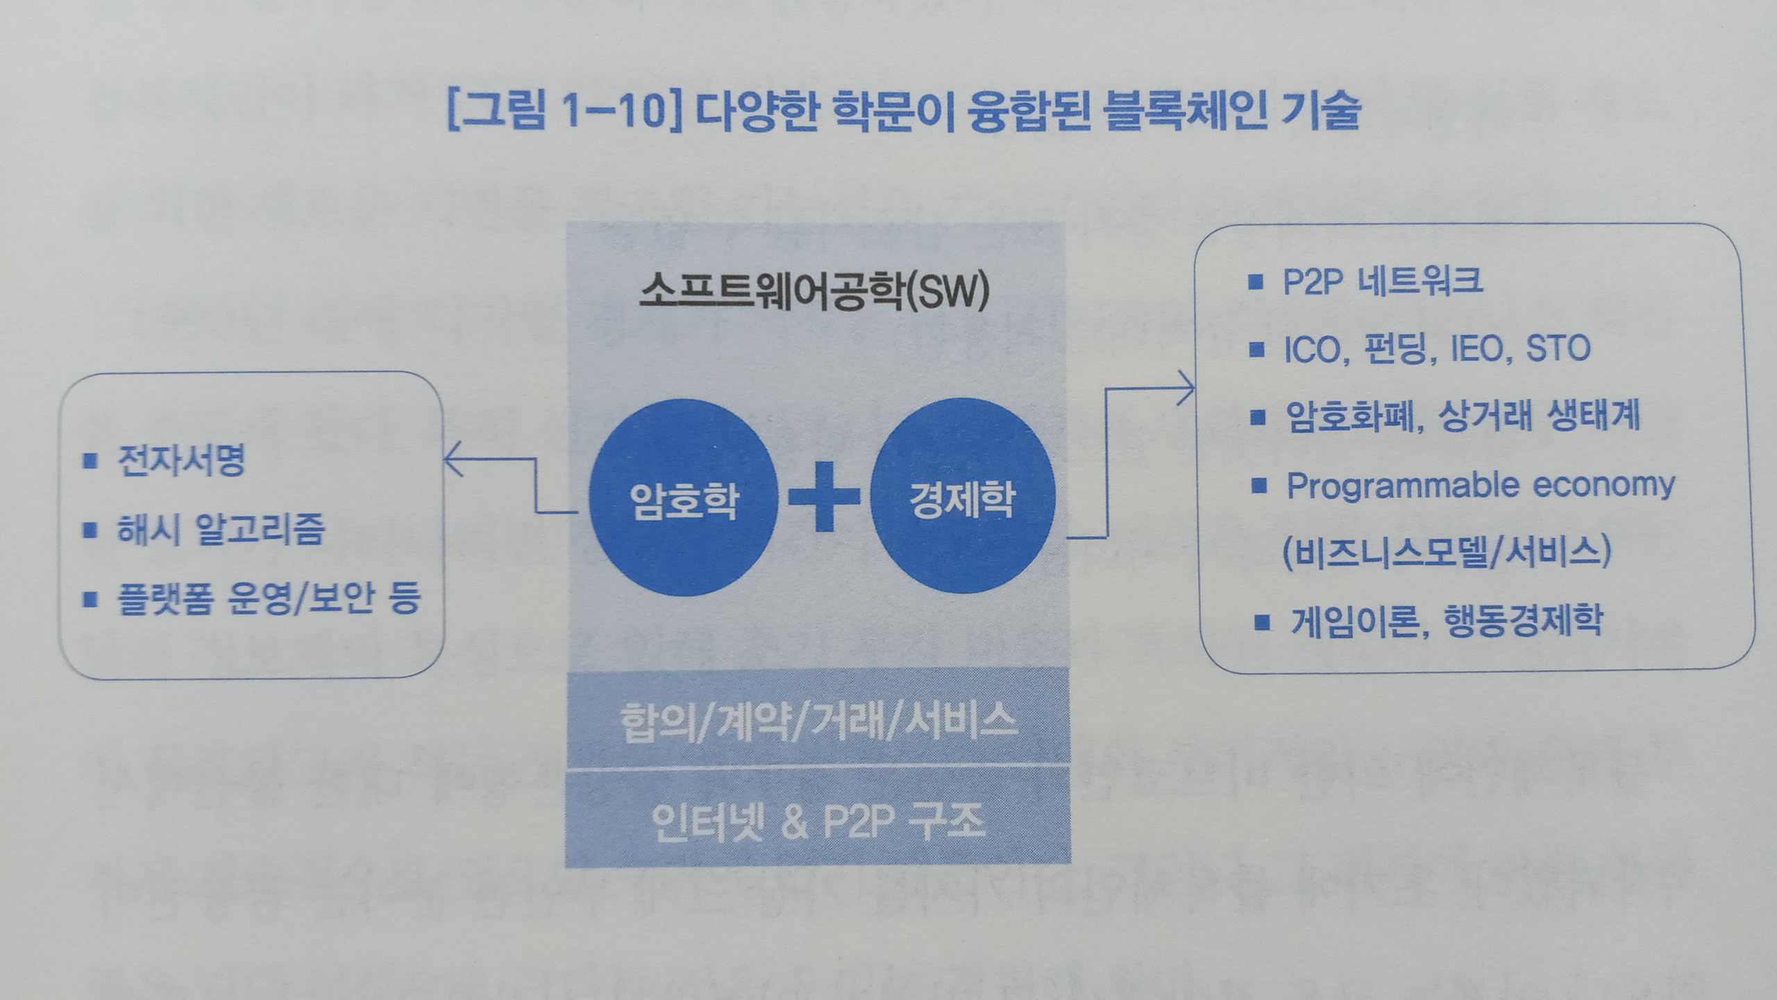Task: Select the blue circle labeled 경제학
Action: [x=962, y=497]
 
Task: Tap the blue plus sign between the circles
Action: [x=824, y=497]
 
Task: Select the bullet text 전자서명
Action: [x=181, y=460]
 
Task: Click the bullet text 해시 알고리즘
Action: [x=221, y=529]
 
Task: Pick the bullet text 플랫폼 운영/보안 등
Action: [x=269, y=597]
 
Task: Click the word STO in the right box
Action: [x=1558, y=349]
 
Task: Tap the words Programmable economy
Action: [x=1480, y=485]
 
